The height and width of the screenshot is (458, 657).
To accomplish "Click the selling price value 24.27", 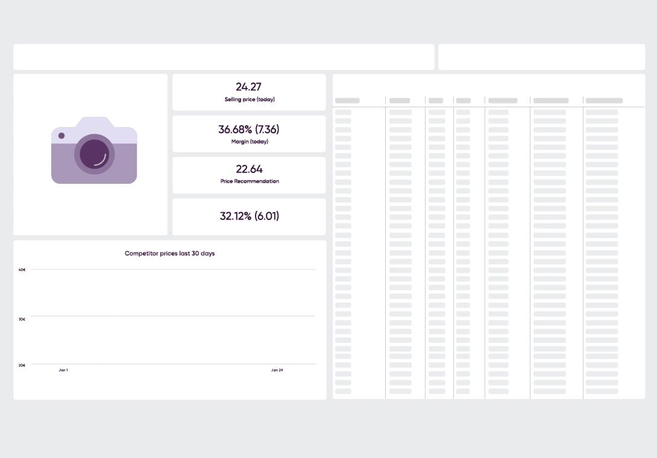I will click(248, 87).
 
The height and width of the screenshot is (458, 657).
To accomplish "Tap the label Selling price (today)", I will click(250, 99).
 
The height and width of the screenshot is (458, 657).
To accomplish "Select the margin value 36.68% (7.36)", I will click(249, 129).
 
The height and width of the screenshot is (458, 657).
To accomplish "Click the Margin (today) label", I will click(250, 142).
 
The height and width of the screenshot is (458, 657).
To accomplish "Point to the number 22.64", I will click(249, 169).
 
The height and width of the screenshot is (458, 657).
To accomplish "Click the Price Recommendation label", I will click(250, 181).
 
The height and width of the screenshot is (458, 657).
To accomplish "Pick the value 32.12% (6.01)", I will click(249, 216).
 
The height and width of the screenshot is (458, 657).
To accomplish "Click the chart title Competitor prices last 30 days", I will click(169, 254).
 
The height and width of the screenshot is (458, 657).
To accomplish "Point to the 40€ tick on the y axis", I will click(22, 269).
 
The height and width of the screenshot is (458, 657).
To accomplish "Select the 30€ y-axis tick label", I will click(22, 319).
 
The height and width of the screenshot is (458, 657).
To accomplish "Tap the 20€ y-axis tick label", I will click(22, 365).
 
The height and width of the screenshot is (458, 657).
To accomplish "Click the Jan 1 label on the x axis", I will click(63, 370).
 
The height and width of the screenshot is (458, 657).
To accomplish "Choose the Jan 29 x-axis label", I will click(277, 370).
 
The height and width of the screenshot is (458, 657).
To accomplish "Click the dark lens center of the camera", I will click(94, 154).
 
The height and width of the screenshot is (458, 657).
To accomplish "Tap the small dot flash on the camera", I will click(61, 136).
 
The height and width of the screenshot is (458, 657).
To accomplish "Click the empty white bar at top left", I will click(224, 57).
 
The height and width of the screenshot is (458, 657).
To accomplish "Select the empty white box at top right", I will click(541, 57).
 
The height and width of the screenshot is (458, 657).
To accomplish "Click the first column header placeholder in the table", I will click(347, 101).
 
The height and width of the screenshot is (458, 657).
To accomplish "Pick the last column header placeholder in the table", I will click(604, 101).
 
